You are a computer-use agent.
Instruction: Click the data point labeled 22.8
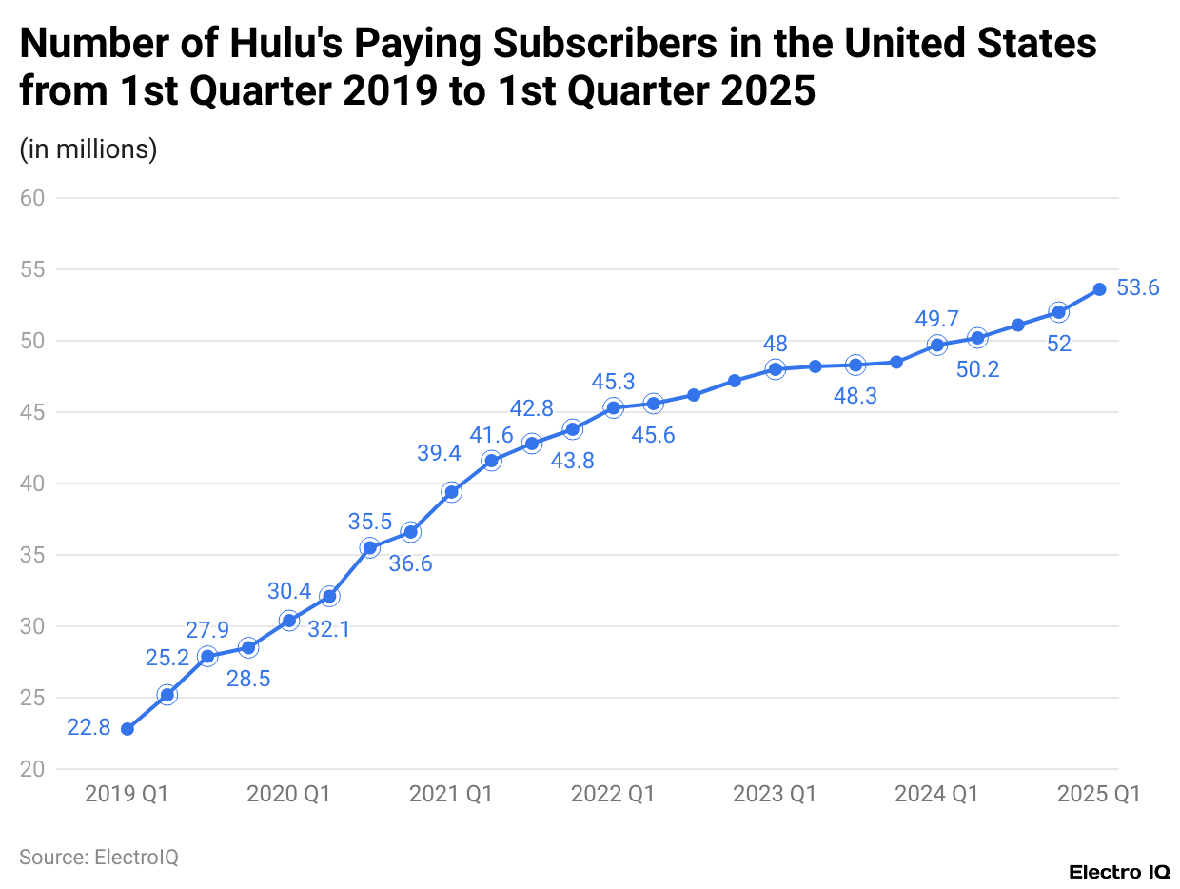pos(127,729)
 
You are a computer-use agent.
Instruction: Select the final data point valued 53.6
pos(1099,288)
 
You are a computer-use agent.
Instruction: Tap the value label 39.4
pos(439,453)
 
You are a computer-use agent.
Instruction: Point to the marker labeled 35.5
pos(370,547)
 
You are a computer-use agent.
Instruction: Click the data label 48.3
pos(855,397)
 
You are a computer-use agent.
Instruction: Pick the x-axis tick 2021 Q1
pos(451,794)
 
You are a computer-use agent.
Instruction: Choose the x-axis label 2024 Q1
pos(936,794)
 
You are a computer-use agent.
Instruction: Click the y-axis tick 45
pos(33,412)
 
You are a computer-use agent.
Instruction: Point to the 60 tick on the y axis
pos(33,198)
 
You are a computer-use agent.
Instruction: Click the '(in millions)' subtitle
pos(88,149)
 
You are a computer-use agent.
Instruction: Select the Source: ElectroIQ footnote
pos(99,857)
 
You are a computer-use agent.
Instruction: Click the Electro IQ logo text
pos(1119,872)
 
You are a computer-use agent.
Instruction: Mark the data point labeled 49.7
pos(937,345)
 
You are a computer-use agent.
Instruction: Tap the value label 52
pos(1059,344)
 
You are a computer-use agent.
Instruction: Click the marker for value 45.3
pos(614,407)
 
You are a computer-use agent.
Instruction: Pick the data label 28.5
pos(248,679)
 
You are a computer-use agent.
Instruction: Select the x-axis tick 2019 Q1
pos(127,794)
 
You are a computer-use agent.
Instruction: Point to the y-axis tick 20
pos(33,769)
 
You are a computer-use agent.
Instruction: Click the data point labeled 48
pos(776,369)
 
